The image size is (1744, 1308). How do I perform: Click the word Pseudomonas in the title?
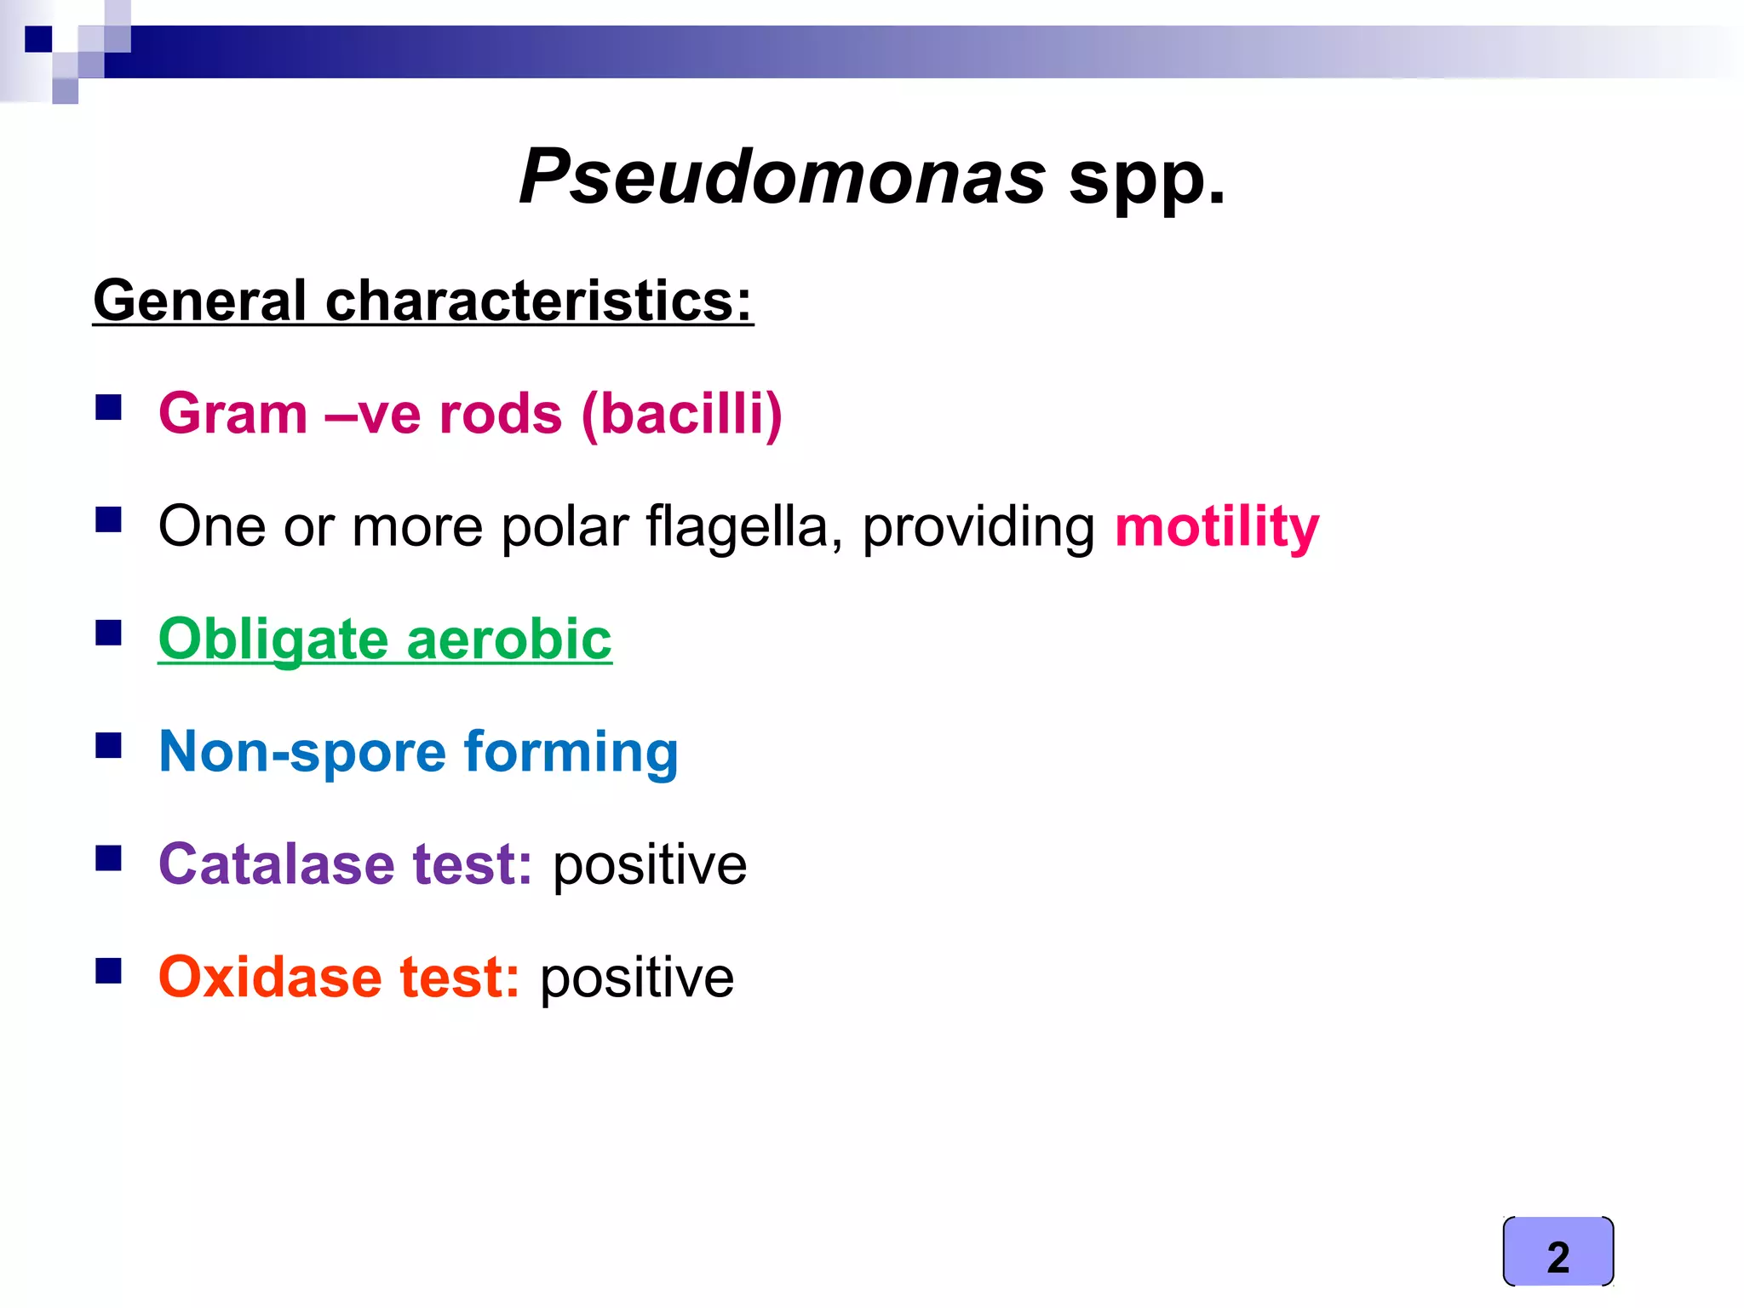click(782, 177)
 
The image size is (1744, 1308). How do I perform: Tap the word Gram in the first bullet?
click(232, 414)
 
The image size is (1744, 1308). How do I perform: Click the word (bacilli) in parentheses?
click(681, 415)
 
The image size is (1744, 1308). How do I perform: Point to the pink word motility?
click(1216, 527)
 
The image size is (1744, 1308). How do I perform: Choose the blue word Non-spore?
click(302, 752)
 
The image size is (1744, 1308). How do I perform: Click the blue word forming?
click(571, 754)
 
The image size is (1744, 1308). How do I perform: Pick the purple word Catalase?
click(276, 864)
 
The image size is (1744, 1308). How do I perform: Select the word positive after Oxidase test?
click(636, 978)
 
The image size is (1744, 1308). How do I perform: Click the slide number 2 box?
click(1558, 1251)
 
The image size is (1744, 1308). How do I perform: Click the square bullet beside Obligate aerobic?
click(109, 633)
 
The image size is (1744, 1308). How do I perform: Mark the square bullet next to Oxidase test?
click(109, 970)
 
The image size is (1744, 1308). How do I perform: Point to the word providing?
click(978, 527)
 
